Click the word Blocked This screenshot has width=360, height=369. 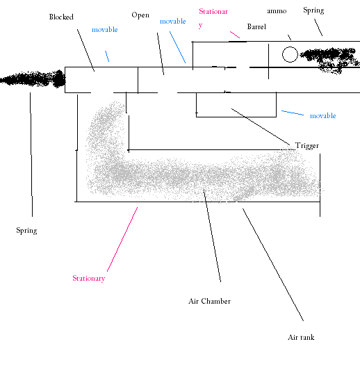pyautogui.click(x=61, y=17)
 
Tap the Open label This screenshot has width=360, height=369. pyautogui.click(x=140, y=15)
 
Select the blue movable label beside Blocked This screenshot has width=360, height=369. pyautogui.click(x=105, y=30)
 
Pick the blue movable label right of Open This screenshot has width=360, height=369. pyautogui.click(x=173, y=22)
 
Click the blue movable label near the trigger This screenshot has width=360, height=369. pyautogui.click(x=323, y=116)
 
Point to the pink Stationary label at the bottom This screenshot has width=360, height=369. pyautogui.click(x=89, y=279)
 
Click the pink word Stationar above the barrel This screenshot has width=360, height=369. pyautogui.click(x=213, y=12)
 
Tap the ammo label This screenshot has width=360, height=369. pyautogui.click(x=277, y=11)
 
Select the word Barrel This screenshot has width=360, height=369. pyautogui.click(x=256, y=26)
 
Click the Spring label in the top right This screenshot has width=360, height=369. pyautogui.click(x=313, y=10)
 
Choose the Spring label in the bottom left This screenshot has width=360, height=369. pyautogui.click(x=26, y=231)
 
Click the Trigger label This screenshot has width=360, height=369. pyautogui.click(x=307, y=146)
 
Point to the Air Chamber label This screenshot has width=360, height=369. pyautogui.click(x=210, y=301)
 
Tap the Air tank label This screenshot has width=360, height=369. pyautogui.click(x=301, y=338)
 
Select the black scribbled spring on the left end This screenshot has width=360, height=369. pyautogui.click(x=33, y=79)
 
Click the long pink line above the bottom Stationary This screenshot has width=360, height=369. pyautogui.click(x=122, y=239)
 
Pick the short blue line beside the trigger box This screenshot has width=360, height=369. pyautogui.click(x=293, y=113)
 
